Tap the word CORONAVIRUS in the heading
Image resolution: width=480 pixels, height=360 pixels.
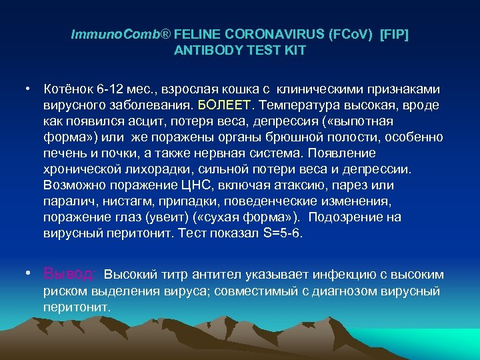pyautogui.click(x=275, y=34)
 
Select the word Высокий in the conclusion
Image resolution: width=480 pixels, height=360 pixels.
pyautogui.click(x=129, y=275)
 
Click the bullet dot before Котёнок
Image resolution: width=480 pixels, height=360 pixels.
pyautogui.click(x=29, y=89)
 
